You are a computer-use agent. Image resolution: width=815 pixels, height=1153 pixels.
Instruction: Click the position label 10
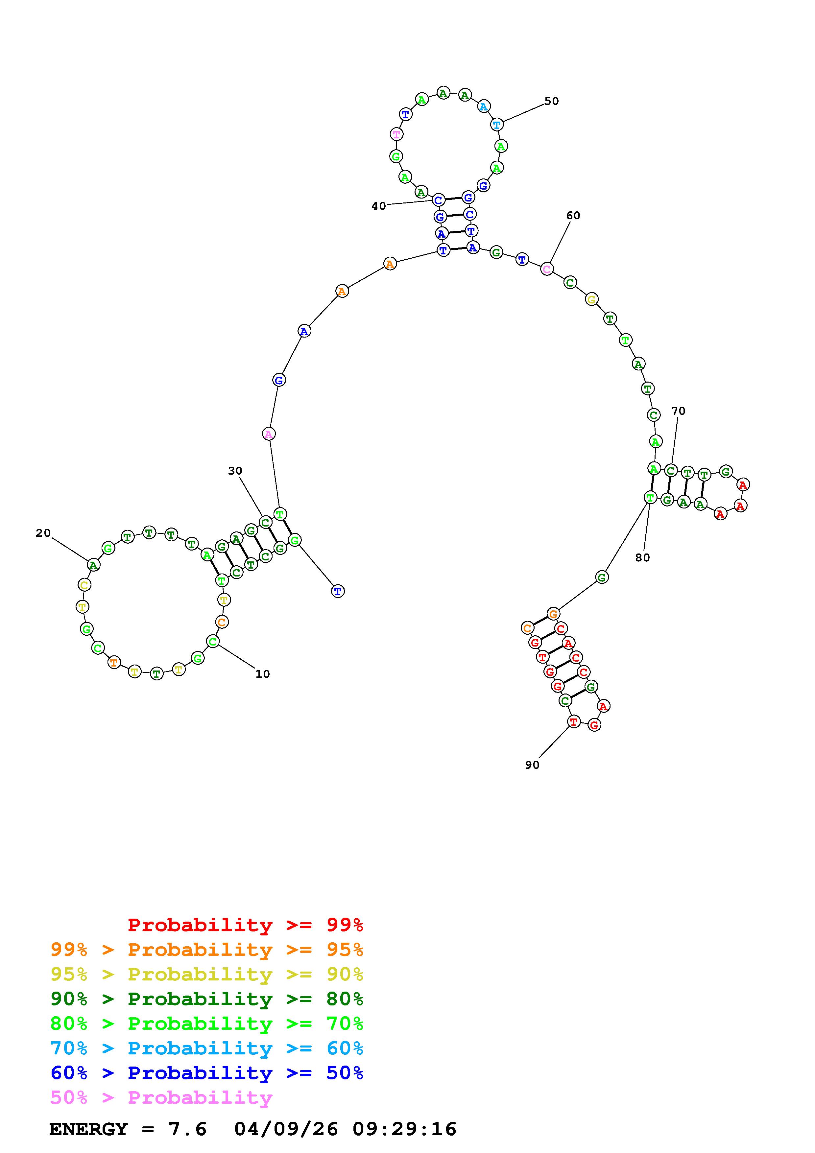(x=263, y=674)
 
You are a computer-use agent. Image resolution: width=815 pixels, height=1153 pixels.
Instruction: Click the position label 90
(x=532, y=765)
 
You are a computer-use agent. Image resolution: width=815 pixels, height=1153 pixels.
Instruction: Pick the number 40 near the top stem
(x=379, y=206)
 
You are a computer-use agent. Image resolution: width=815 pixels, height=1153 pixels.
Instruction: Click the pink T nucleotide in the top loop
(x=397, y=134)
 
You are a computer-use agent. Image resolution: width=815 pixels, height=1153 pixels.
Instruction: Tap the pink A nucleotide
(x=269, y=434)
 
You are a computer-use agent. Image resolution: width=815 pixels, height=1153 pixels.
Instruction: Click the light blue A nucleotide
(x=484, y=106)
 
